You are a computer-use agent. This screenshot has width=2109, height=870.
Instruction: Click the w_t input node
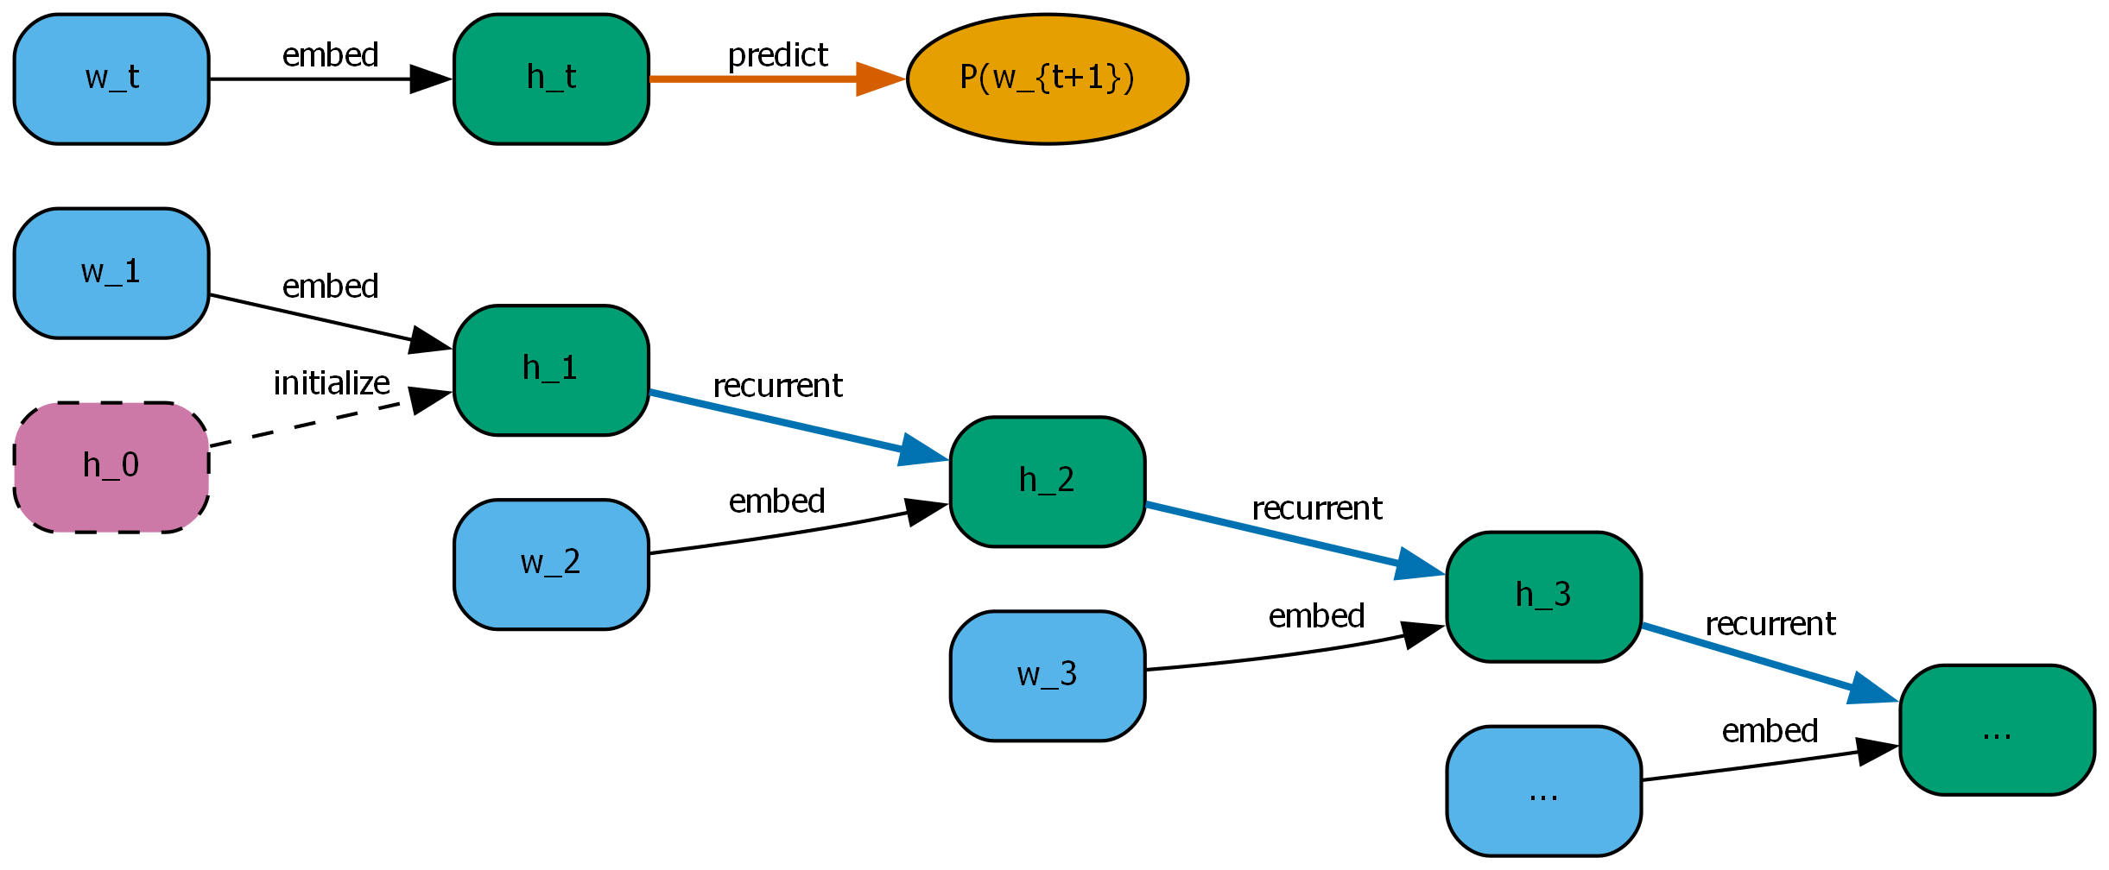tap(111, 79)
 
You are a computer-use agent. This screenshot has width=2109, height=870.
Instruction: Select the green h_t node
tap(551, 79)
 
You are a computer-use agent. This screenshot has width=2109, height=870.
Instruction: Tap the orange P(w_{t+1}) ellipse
tap(1047, 79)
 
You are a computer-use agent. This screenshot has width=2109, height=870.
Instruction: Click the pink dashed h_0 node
tap(111, 467)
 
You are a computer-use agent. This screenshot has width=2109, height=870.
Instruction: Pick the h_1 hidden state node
tap(551, 369)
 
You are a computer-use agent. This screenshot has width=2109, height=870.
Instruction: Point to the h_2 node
tap(1047, 482)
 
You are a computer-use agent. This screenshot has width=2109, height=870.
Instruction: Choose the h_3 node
tap(1543, 596)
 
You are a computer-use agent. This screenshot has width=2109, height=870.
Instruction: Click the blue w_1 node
tap(111, 273)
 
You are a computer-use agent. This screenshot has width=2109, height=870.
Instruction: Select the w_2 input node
tap(551, 564)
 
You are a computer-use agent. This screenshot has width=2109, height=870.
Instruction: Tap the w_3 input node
tap(1047, 676)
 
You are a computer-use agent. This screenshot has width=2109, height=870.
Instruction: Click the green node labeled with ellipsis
tap(1997, 729)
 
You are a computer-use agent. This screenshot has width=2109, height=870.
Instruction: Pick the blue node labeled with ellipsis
tap(1543, 791)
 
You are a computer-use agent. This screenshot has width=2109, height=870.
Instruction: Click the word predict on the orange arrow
tap(777, 55)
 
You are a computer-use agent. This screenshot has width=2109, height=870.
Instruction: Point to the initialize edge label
tap(332, 383)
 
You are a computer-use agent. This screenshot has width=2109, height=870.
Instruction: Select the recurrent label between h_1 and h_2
tap(777, 386)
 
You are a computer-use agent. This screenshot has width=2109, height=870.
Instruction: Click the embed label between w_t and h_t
tap(330, 55)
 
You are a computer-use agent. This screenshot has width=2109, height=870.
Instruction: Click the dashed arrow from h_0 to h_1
tap(311, 422)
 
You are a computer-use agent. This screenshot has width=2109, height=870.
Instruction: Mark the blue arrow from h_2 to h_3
tap(1278, 536)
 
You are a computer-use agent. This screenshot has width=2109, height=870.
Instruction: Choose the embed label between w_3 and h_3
tap(1316, 616)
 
